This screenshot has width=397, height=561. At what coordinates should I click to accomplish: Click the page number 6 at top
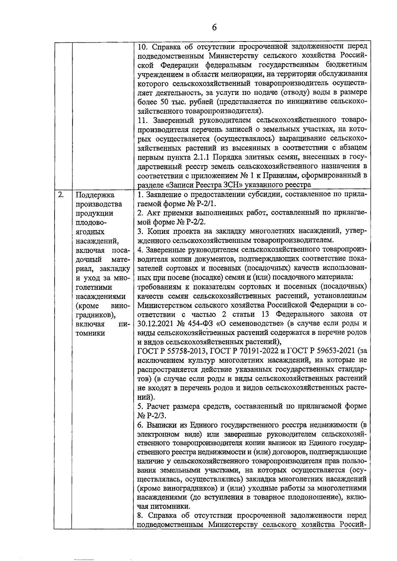(214, 28)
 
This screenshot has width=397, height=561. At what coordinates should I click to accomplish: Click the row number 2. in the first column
(61, 194)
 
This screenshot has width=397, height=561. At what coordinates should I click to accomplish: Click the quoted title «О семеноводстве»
(249, 323)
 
